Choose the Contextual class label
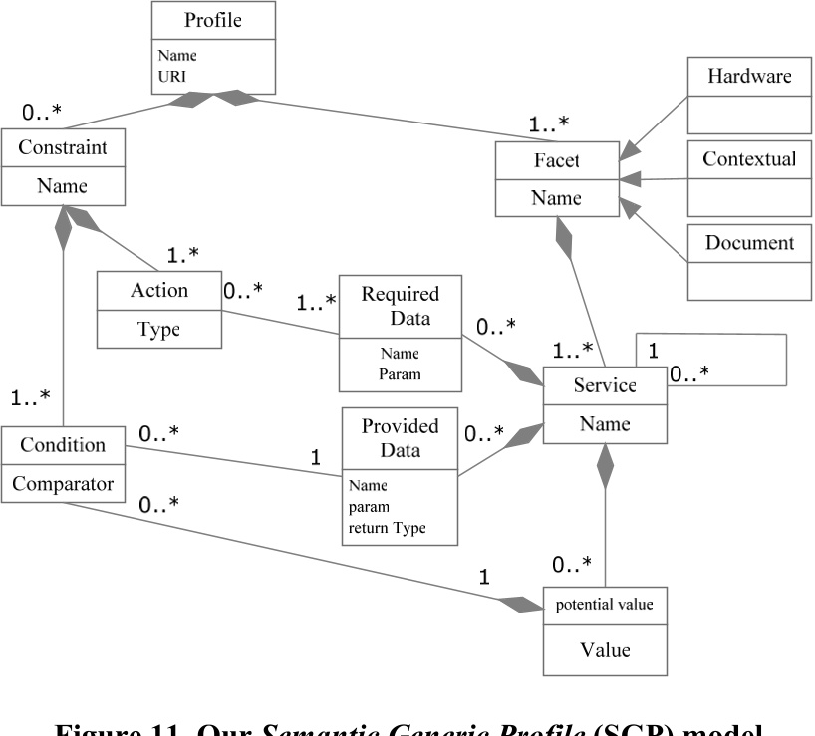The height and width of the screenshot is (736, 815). click(x=748, y=159)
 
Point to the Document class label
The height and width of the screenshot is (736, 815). click(x=748, y=242)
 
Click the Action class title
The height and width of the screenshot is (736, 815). click(x=158, y=290)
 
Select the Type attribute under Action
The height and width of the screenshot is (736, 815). click(x=158, y=330)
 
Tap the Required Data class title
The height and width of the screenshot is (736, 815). click(x=400, y=306)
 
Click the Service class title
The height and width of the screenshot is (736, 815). click(x=604, y=384)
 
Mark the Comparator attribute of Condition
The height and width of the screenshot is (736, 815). click(x=62, y=485)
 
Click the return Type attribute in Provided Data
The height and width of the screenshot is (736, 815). click(x=387, y=528)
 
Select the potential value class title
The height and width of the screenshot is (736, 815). click(x=604, y=605)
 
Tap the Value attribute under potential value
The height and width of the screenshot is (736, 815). click(x=604, y=649)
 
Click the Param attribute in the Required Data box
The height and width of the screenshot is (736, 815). click(x=399, y=374)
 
